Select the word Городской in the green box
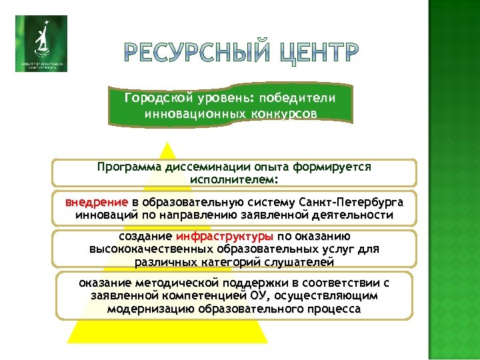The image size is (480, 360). pos(155,98)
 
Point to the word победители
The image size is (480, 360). pos(304,98)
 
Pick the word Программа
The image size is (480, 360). pos(127,167)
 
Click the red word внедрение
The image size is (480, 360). pos(96,202)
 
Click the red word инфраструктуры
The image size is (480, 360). pos(225,236)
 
